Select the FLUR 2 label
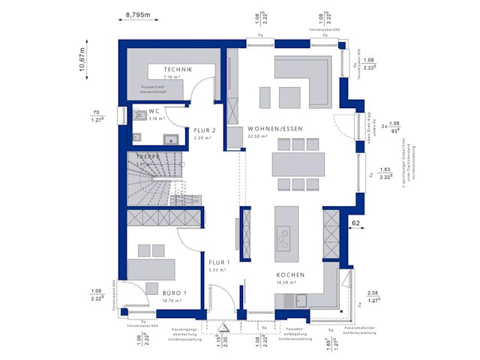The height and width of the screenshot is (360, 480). [204, 129]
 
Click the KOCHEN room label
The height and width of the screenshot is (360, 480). [289, 274]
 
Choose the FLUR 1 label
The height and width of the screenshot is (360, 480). [220, 261]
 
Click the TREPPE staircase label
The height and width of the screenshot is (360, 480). [147, 157]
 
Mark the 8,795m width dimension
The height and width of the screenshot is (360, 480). [138, 14]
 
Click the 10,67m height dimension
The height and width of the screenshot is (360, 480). [84, 57]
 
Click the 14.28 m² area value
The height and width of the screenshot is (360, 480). [288, 283]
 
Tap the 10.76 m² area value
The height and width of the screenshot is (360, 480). [173, 301]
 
